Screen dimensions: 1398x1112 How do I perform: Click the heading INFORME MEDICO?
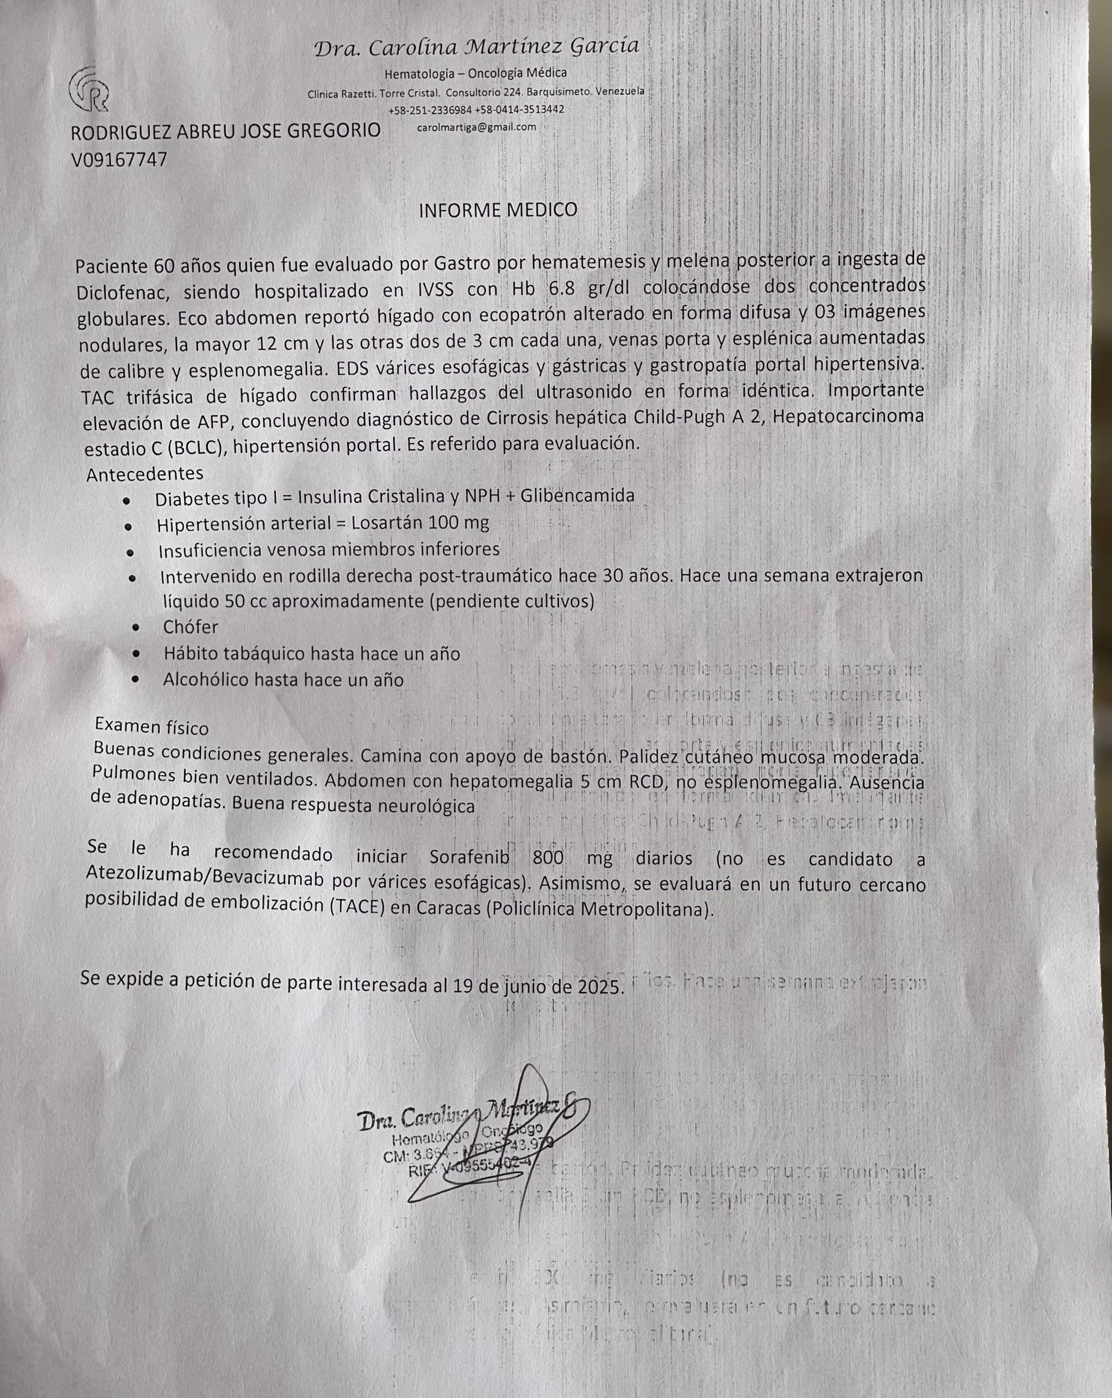(x=498, y=210)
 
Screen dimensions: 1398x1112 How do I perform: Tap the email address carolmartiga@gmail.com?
(x=477, y=127)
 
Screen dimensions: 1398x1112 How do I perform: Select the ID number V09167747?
(x=119, y=159)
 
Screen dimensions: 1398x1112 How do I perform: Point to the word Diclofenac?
(x=123, y=292)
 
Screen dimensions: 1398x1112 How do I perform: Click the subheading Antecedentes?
(x=145, y=474)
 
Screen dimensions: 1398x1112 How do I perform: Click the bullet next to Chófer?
(x=136, y=628)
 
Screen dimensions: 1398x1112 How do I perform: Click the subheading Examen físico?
(x=152, y=727)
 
